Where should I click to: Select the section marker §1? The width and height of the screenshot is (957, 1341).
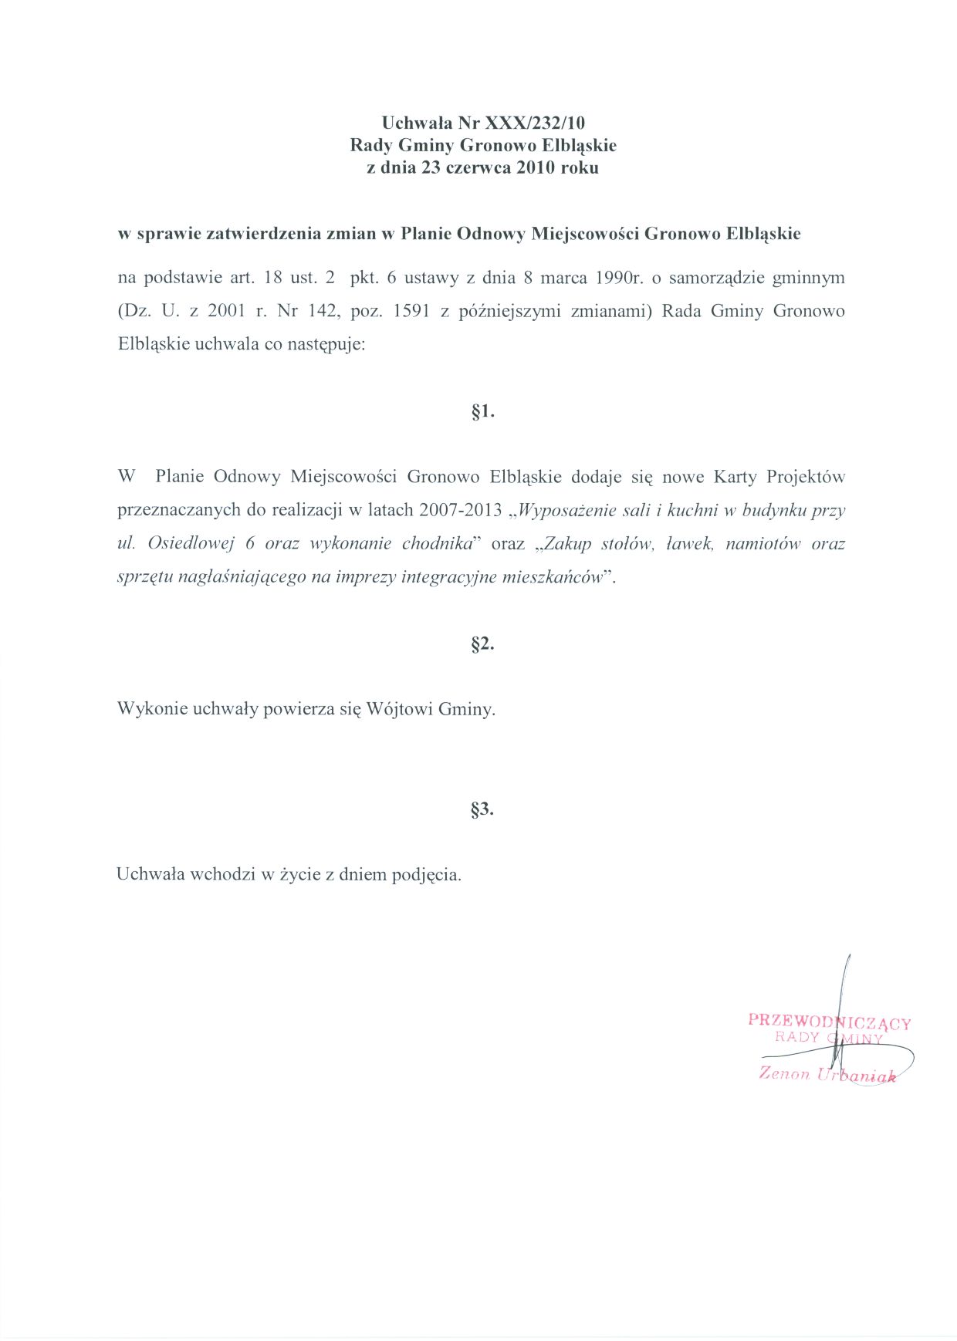tap(482, 412)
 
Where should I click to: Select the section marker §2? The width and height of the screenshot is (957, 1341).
tap(482, 643)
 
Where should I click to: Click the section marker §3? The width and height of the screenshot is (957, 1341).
tap(482, 809)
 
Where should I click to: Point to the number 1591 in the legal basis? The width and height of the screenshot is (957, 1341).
tap(411, 311)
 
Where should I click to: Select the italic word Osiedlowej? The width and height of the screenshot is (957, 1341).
tap(191, 543)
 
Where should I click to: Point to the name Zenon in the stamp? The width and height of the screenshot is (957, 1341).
tap(784, 1072)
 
